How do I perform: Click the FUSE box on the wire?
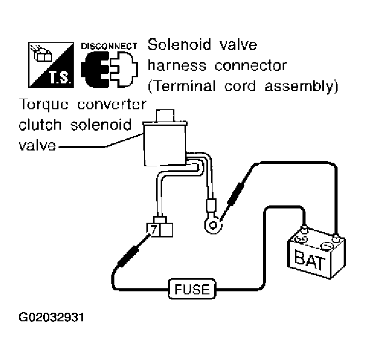coord(192,289)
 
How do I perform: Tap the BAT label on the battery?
coord(310,259)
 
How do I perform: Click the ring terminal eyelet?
coord(213,225)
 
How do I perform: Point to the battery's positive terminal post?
coord(304,230)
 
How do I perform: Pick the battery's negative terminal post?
coord(336,238)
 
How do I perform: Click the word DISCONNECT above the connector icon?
coord(109,46)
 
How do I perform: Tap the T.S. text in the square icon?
coord(59,77)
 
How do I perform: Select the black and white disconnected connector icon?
coord(109,69)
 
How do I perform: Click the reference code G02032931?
coord(51,317)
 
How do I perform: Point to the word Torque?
coord(44,105)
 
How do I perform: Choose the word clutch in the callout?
coord(40,125)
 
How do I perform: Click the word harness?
coord(177,66)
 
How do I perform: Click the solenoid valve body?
coord(165,144)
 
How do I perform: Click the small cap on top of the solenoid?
coord(165,115)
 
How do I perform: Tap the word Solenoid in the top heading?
coord(179,44)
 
